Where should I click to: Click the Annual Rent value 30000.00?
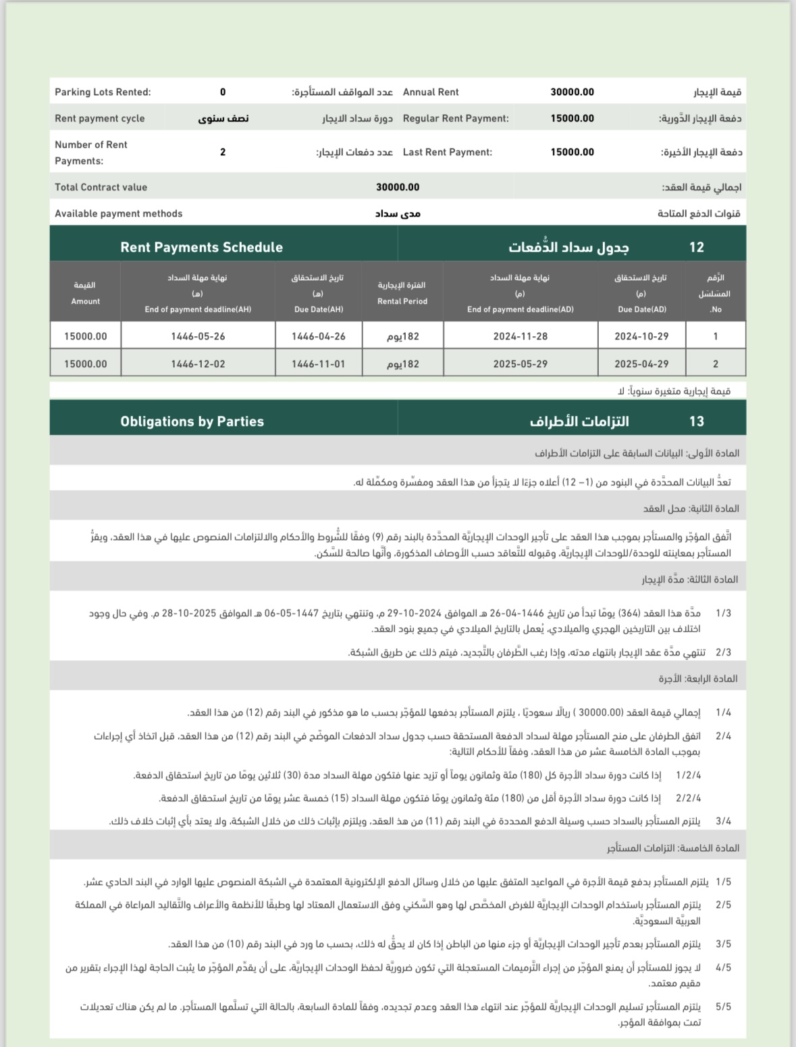(x=572, y=92)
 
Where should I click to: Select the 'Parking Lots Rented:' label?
(x=103, y=92)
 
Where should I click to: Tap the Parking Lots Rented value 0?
(x=223, y=92)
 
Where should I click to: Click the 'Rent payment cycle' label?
(x=99, y=119)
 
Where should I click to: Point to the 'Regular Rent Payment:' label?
(x=456, y=119)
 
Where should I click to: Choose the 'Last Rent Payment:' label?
(x=447, y=153)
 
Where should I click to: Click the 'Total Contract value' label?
(x=101, y=188)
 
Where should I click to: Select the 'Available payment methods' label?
(x=118, y=214)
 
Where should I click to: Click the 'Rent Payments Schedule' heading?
(x=201, y=247)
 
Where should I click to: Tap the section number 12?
(x=696, y=248)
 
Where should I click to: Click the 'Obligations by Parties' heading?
(x=192, y=421)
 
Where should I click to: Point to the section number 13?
(x=696, y=422)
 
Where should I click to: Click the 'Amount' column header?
(x=85, y=301)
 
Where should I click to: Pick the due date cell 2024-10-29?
(x=641, y=336)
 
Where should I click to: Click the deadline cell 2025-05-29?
(x=520, y=364)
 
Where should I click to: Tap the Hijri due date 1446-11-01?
(x=318, y=364)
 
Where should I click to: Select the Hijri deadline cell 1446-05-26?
(x=198, y=336)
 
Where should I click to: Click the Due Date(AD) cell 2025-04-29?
(x=641, y=364)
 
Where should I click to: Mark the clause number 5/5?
(x=723, y=1006)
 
